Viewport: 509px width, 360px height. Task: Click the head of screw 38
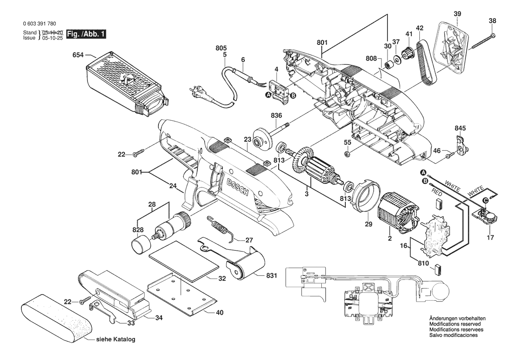tap(493, 35)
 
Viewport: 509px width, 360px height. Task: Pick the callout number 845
tap(460, 128)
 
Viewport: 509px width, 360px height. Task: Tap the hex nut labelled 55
tap(347, 153)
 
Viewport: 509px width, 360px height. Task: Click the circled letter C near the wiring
tap(485, 200)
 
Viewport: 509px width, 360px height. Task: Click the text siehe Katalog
tap(116, 339)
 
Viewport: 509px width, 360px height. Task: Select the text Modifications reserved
tap(455, 324)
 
